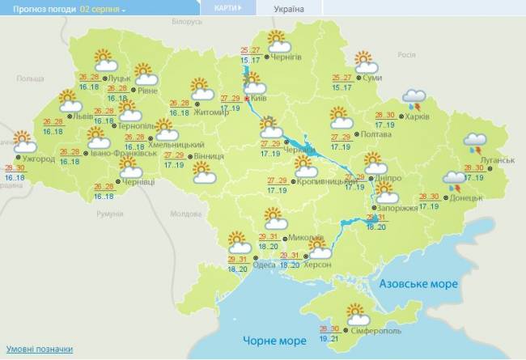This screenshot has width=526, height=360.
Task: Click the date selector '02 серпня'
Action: click(103, 9)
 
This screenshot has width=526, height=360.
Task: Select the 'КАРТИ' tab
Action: click(226, 8)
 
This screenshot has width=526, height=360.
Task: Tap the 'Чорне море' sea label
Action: click(265, 341)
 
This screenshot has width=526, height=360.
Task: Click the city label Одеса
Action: click(263, 264)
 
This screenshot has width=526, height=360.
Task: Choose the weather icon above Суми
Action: click(364, 61)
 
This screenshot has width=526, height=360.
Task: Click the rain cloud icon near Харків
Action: click(415, 100)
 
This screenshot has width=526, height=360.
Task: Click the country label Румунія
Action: click(108, 214)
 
